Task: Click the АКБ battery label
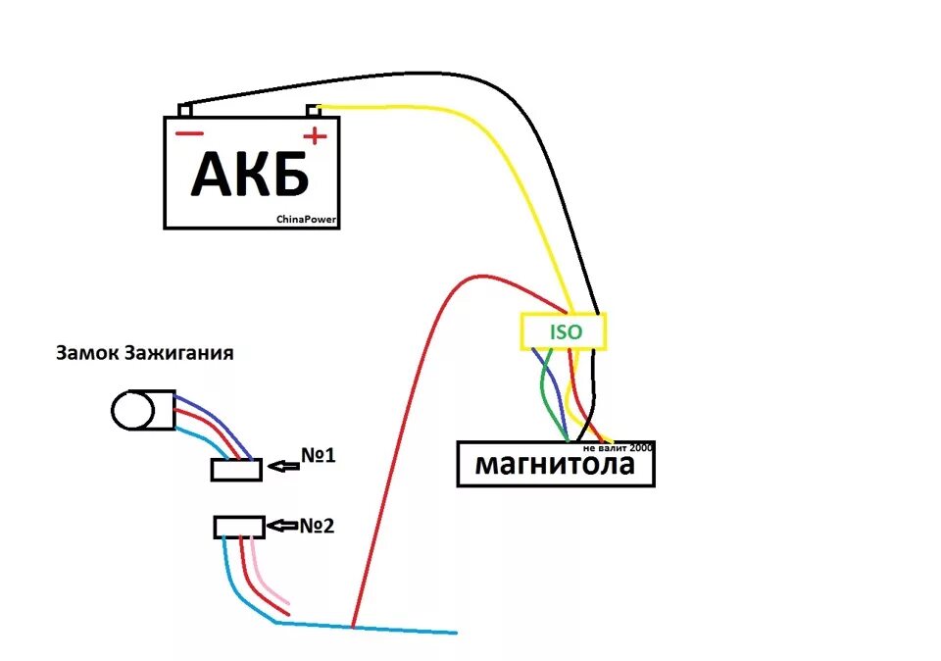tap(250, 174)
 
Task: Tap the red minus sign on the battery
tap(189, 134)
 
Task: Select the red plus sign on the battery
tap(315, 135)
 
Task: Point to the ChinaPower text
tap(308, 221)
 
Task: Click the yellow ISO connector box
tap(563, 331)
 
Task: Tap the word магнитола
tap(554, 465)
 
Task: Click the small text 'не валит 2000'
tap(617, 447)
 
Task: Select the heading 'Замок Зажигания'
tap(144, 353)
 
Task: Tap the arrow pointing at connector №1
tap(283, 467)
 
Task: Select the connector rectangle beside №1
tap(236, 470)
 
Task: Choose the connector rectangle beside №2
tap(239, 528)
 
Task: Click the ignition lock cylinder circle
tap(130, 409)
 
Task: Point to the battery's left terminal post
tap(184, 111)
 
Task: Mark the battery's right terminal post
tap(314, 110)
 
